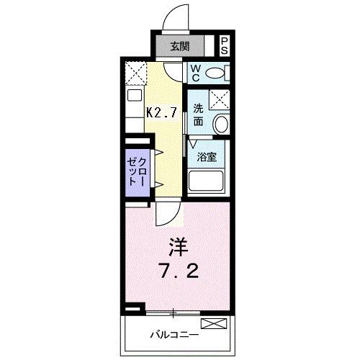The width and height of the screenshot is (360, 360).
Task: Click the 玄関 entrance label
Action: click(x=180, y=48)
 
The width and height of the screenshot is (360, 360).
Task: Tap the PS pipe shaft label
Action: click(x=225, y=47)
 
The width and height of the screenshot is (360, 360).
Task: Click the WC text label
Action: click(x=195, y=73)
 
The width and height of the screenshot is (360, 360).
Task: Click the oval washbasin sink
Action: click(x=221, y=123)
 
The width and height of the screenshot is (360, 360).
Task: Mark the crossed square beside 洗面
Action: click(x=219, y=99)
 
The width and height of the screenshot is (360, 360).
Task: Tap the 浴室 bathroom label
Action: click(x=207, y=157)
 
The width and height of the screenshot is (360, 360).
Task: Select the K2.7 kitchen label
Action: click(x=162, y=112)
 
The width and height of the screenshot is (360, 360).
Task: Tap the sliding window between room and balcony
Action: click(x=173, y=312)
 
